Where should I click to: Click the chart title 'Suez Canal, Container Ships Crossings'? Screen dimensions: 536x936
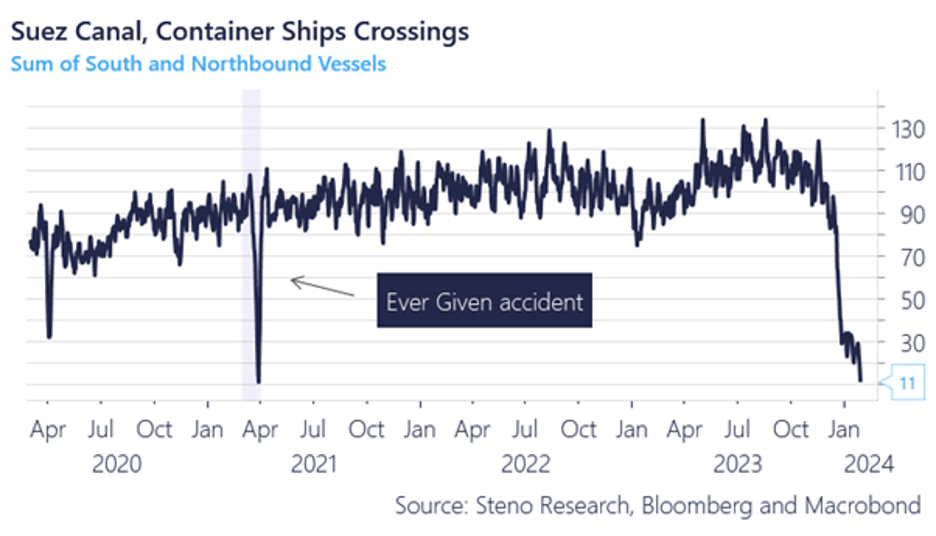[x=240, y=31]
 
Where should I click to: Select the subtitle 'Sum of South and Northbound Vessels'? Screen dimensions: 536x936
[x=198, y=64]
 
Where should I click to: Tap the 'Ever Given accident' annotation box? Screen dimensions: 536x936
[x=484, y=300]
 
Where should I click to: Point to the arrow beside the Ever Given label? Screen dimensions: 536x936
[x=322, y=287]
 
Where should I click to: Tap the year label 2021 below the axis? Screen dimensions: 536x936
[x=315, y=464]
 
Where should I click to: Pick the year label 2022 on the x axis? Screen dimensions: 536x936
[x=526, y=464]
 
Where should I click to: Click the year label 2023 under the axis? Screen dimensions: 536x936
[x=737, y=464]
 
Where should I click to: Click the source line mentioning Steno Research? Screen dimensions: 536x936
[x=657, y=505]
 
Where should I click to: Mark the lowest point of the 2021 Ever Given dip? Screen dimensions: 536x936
[x=259, y=381]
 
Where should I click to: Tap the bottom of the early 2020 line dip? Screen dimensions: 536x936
[x=49, y=336]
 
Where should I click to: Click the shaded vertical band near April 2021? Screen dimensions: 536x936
[x=252, y=240]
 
